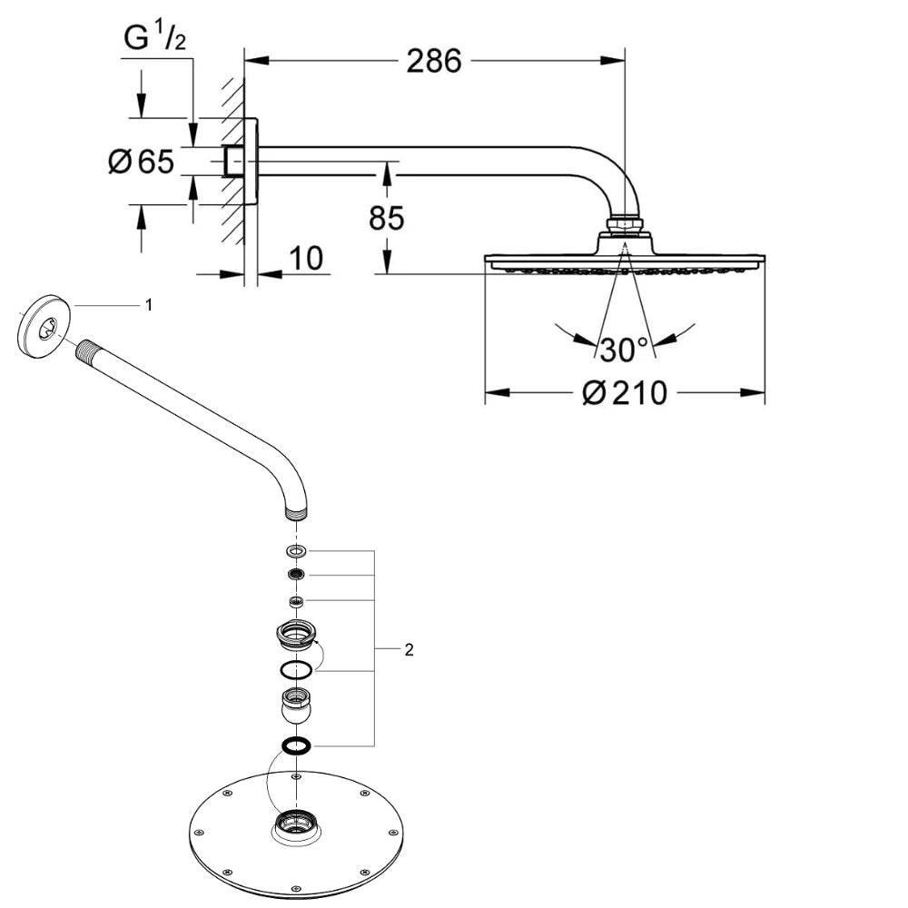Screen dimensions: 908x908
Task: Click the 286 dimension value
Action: click(434, 62)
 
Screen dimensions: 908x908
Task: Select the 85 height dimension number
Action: click(386, 218)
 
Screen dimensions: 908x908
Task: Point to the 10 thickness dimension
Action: click(308, 259)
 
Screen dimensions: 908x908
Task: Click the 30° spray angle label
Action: click(624, 348)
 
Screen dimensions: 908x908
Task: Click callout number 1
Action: click(149, 305)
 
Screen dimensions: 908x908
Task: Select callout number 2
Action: click(409, 649)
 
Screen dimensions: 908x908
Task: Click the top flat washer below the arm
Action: click(296, 551)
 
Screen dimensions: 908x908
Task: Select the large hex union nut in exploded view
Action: click(296, 634)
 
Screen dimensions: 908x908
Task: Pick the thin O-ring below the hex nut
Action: click(296, 671)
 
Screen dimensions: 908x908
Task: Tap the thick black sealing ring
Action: click(296, 745)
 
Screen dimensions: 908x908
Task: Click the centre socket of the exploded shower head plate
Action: click(297, 824)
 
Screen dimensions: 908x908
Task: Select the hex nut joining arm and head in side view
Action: click(625, 224)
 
